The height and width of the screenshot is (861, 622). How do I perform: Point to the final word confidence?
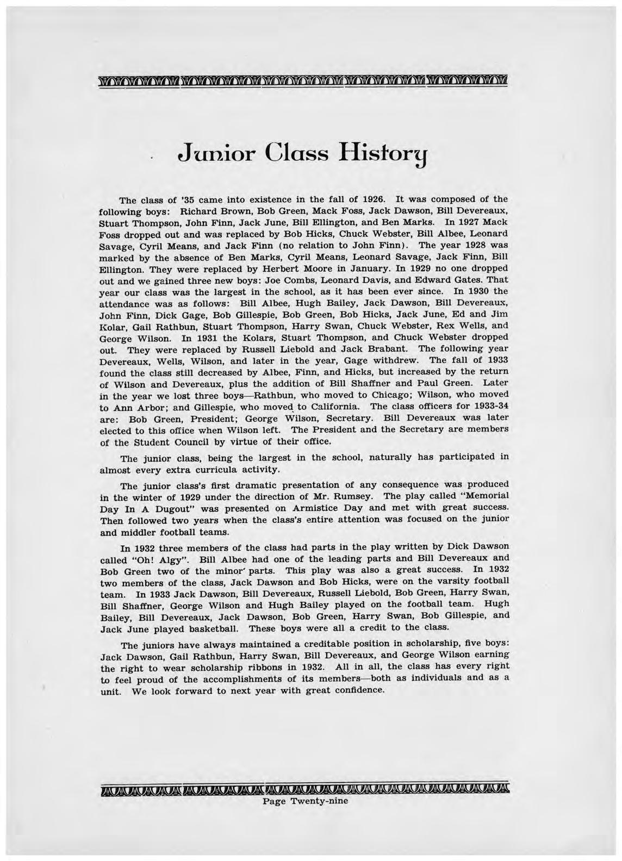(360, 690)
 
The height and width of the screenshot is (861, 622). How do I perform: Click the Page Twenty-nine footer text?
(305, 801)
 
